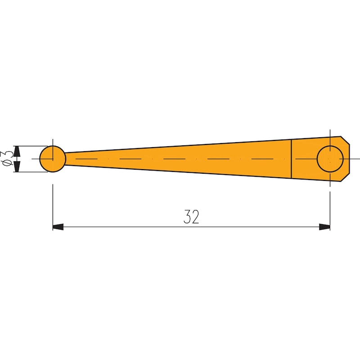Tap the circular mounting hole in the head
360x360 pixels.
[330, 159]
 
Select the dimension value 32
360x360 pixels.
[191, 217]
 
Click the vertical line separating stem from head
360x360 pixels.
[292, 158]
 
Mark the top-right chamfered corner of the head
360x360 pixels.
[345, 140]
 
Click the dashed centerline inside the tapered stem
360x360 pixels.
[180, 159]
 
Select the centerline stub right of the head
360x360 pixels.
[355, 159]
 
